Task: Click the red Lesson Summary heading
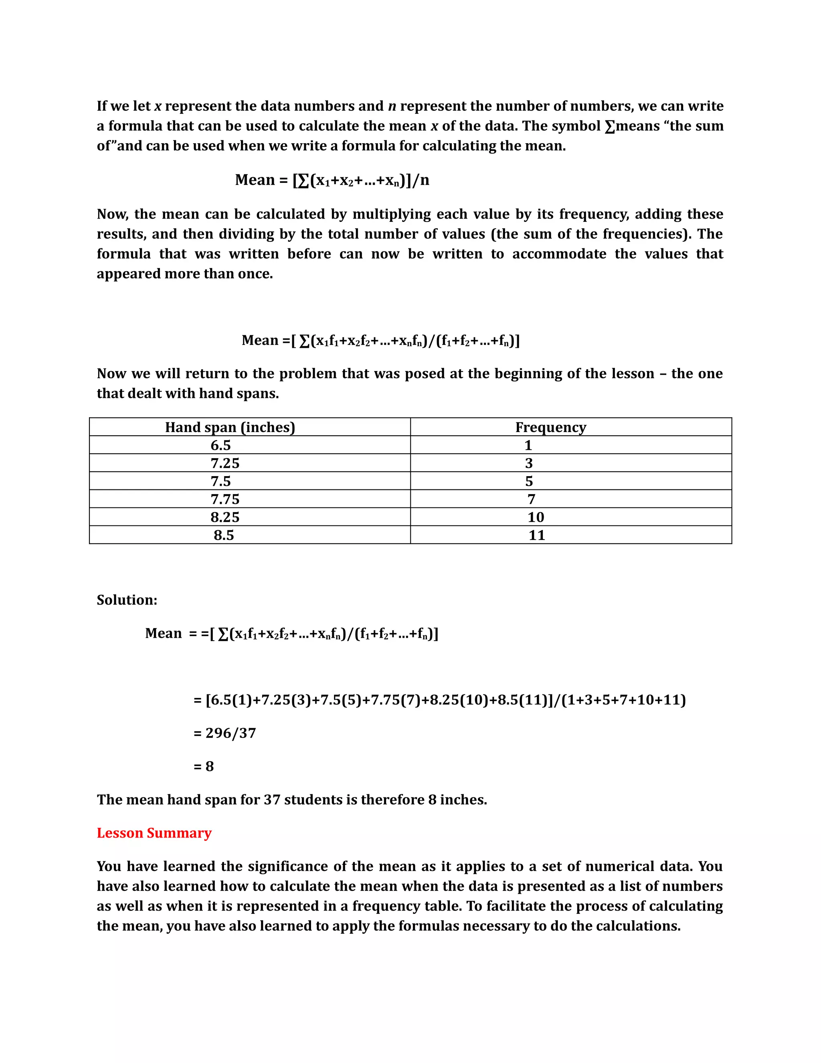(154, 833)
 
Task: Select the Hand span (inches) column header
(230, 427)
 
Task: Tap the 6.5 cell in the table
(220, 445)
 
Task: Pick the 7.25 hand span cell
(225, 463)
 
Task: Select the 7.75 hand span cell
(225, 499)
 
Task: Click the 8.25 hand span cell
(225, 517)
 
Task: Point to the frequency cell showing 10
(536, 517)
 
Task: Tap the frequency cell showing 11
(536, 535)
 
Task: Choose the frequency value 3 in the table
(529, 463)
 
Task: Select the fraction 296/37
(231, 733)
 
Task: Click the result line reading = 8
(204, 766)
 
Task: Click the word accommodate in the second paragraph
(559, 254)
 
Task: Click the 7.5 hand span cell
(220, 481)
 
